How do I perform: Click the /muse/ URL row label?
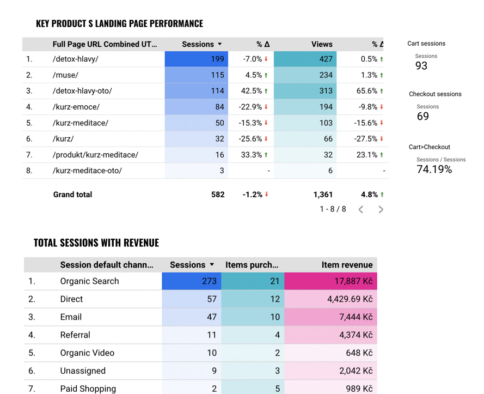pos(65,75)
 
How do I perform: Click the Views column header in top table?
pos(322,44)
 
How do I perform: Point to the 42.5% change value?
pos(252,91)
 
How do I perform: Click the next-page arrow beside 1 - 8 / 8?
pos(381,209)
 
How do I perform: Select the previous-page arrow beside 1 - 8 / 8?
pos(360,209)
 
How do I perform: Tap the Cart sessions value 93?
pos(421,66)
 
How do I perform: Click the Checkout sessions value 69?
pos(423,116)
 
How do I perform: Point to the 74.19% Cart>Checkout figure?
pos(434,169)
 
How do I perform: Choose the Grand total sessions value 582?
pos(217,195)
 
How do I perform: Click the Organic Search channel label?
pos(89,281)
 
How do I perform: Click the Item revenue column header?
pos(347,265)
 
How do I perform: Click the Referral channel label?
pos(75,335)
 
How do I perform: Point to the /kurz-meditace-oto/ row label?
pos(87,171)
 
